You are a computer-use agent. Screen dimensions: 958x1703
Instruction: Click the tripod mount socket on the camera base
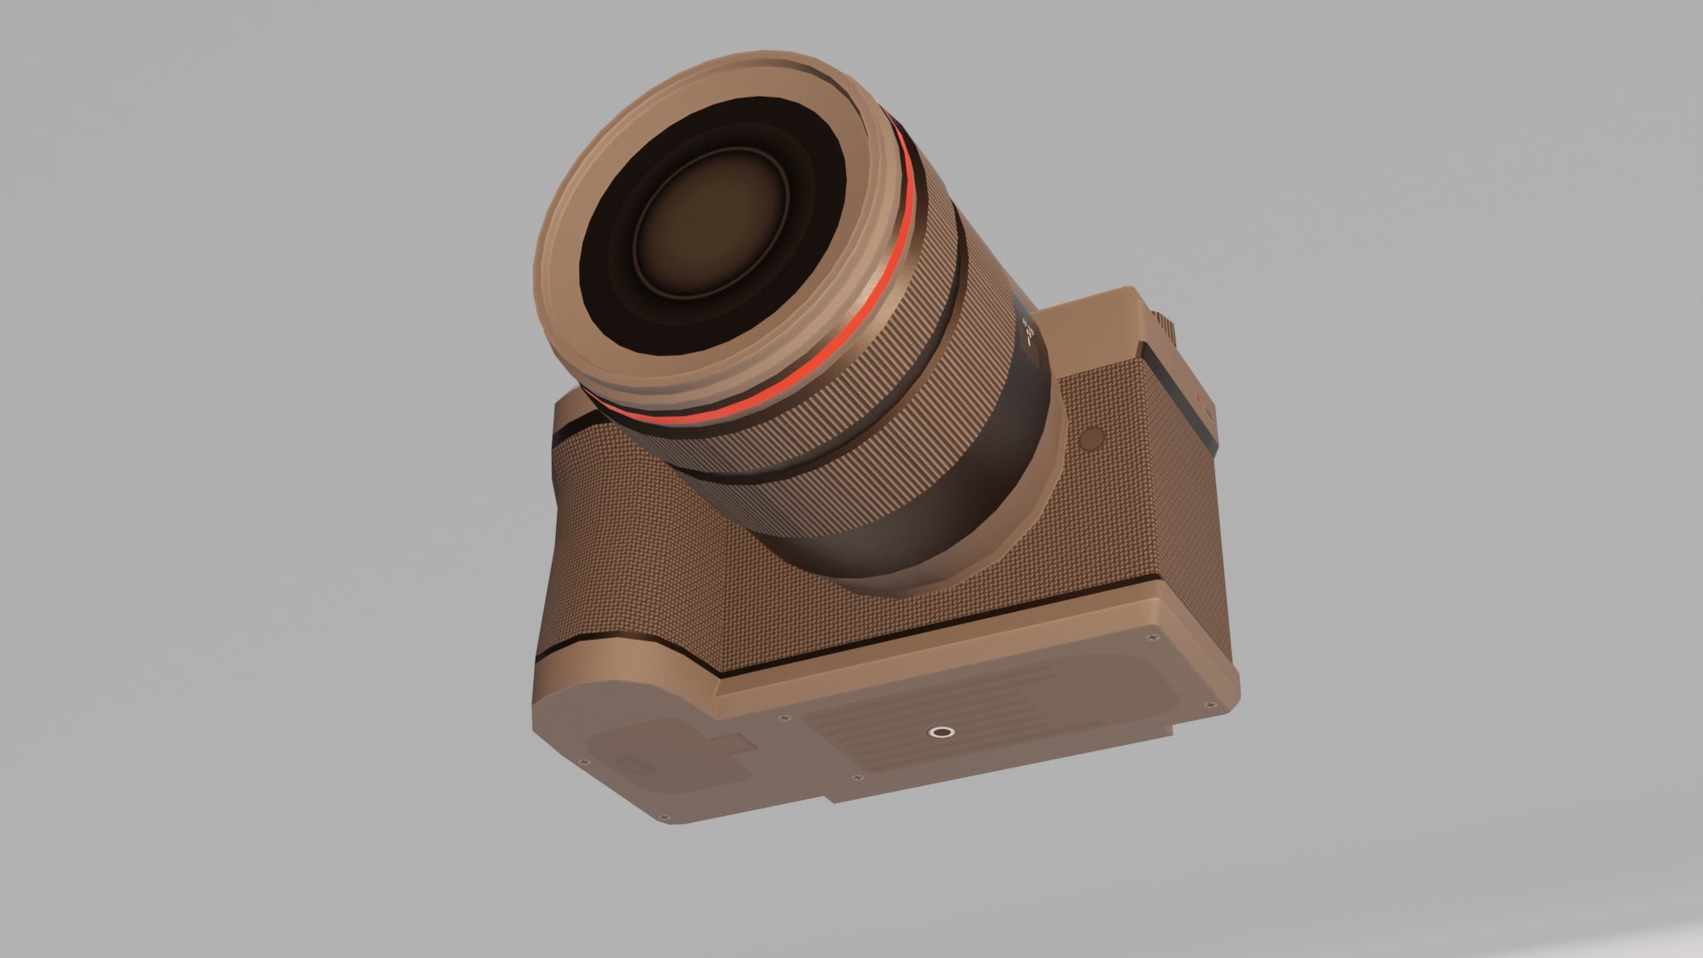938,733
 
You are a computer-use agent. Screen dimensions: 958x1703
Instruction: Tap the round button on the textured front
1092,436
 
